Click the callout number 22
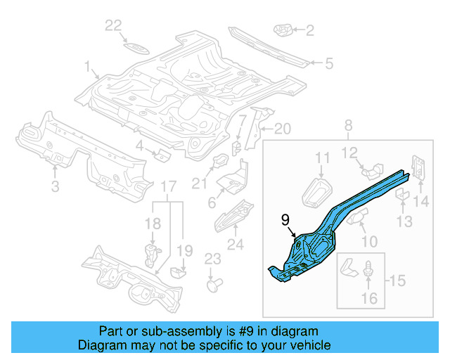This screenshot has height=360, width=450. click(114, 26)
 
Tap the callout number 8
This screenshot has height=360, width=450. click(347, 126)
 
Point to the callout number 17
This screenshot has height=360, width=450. click(167, 186)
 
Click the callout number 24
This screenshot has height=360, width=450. click(235, 245)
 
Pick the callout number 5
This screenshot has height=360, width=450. click(328, 63)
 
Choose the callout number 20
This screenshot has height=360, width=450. click(282, 129)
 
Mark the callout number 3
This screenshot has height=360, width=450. click(55, 186)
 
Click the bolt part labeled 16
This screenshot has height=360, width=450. click(368, 271)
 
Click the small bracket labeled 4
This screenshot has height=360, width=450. click(161, 154)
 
